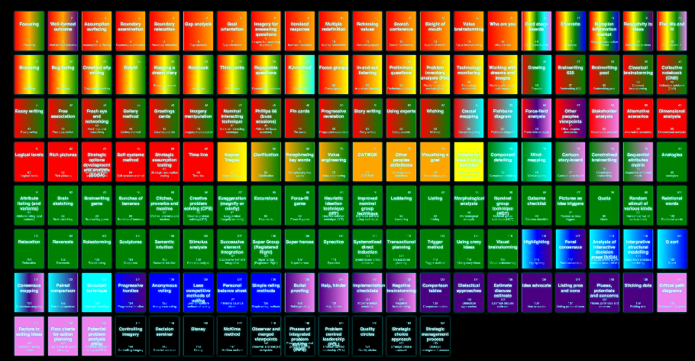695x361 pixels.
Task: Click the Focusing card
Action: pos(29,31)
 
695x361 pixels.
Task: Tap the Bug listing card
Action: pos(63,74)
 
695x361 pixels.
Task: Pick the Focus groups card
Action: pos(334,74)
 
